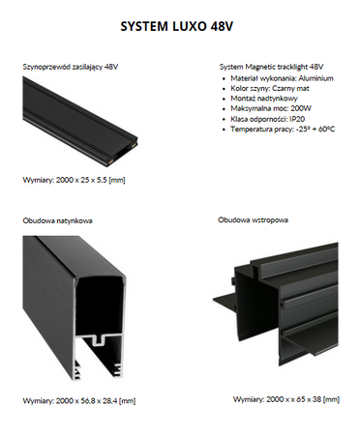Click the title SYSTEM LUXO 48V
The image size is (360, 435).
click(176, 26)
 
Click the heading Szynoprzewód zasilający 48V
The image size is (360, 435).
click(71, 67)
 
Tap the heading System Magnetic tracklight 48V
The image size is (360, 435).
click(271, 67)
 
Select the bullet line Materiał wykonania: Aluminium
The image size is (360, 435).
click(282, 78)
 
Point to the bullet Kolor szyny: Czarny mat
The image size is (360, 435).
click(270, 88)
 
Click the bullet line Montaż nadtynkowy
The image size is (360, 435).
click(264, 99)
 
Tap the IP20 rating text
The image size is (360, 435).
click(297, 119)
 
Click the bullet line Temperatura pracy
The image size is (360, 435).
click(283, 130)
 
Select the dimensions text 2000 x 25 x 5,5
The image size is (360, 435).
click(91, 180)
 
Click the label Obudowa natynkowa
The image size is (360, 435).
click(57, 220)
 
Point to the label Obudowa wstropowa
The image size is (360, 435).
click(253, 220)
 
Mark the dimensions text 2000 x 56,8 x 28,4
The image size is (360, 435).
click(96, 401)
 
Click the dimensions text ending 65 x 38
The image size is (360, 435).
click(303, 399)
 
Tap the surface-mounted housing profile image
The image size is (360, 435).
click(75, 308)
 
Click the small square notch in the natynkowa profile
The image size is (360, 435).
click(99, 340)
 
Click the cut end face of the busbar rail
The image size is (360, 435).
click(123, 154)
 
